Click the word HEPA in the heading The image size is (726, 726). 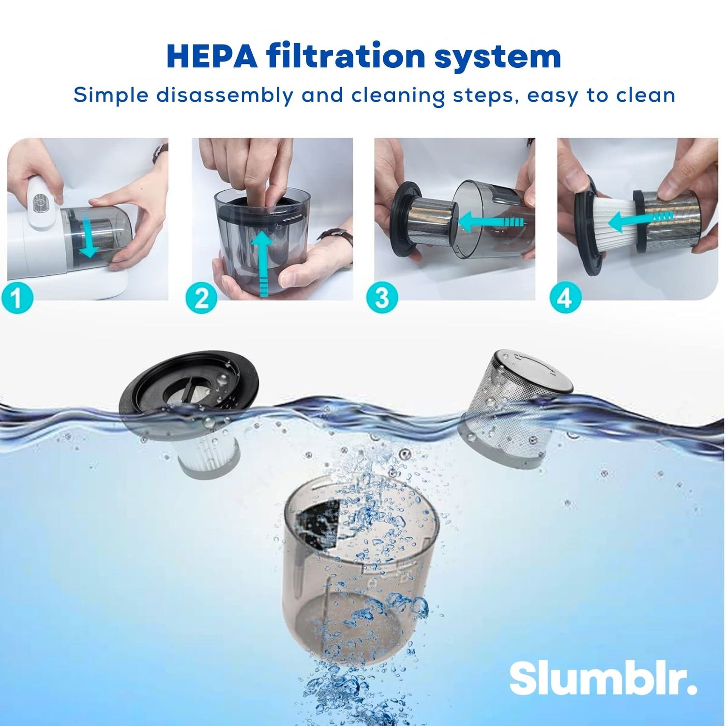point(212,57)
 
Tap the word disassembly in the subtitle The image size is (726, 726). point(225,95)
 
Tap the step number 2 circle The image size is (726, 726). point(201,297)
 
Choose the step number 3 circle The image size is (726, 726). point(382,297)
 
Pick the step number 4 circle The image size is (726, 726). point(564,297)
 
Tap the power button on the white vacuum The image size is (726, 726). point(40,201)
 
